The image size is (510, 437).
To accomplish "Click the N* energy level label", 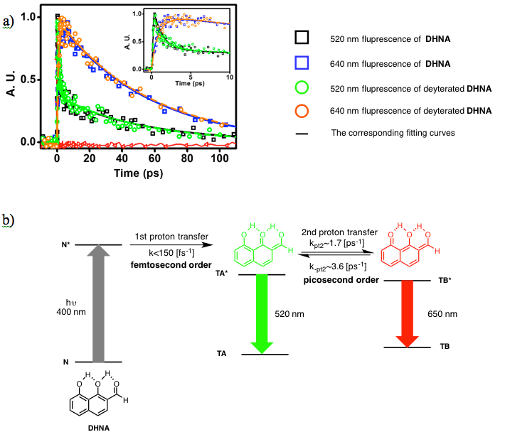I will (x=66, y=245).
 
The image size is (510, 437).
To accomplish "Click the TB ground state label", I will (x=445, y=347).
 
